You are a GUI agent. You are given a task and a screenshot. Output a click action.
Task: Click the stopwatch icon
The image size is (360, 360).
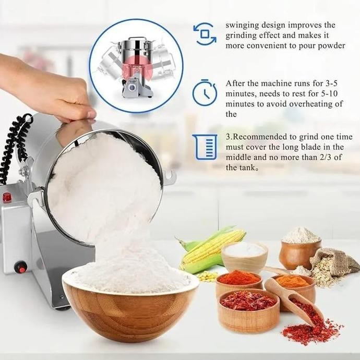click(x=204, y=93)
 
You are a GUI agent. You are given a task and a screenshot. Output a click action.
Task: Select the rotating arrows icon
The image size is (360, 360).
click(x=204, y=34)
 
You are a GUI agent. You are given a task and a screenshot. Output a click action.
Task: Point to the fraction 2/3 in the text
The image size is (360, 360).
click(x=318, y=158)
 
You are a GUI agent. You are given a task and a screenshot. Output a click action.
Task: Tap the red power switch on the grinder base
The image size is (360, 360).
click(x=21, y=268)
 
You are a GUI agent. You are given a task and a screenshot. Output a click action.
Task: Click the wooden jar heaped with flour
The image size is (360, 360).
click(x=299, y=247)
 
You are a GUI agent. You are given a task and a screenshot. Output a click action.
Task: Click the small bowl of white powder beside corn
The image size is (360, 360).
click(x=245, y=255)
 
